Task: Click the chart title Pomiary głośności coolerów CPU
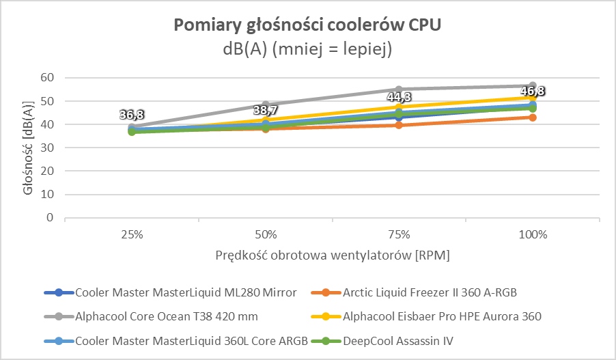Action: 308,25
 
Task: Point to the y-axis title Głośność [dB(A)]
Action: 28,148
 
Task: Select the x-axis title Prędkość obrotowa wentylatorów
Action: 332,255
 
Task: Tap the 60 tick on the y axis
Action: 47,78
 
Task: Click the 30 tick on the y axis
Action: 47,148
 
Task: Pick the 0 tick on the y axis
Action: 50,218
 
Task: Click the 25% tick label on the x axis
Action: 131,234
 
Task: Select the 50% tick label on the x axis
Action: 265,234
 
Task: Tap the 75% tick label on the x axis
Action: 399,234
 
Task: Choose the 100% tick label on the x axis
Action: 533,234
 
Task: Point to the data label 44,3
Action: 400,98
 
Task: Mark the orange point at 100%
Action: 533,117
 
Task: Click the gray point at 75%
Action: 399,89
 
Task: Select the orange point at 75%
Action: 399,125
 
